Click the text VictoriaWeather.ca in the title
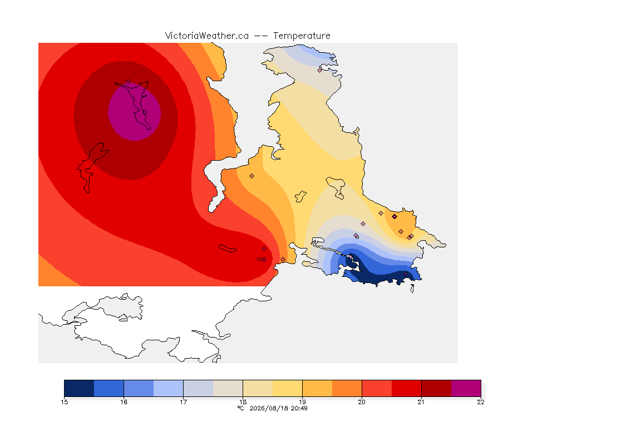pos(207,36)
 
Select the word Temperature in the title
pos(302,36)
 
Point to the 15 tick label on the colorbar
pos(64,402)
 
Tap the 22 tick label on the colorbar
pos(481,402)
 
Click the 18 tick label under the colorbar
pos(243,402)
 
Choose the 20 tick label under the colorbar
pos(362,402)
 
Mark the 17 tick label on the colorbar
pos(183,402)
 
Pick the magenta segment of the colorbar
pos(466,388)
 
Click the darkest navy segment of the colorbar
pos(80,388)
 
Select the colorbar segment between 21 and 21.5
pos(436,388)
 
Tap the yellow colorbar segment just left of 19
pos(287,388)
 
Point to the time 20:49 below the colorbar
pos(299,408)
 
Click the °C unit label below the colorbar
pos(241,408)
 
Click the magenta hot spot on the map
pos(135,112)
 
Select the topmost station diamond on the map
pos(320,70)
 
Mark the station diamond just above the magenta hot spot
pos(129,82)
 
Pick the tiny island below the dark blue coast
pos(412,289)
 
